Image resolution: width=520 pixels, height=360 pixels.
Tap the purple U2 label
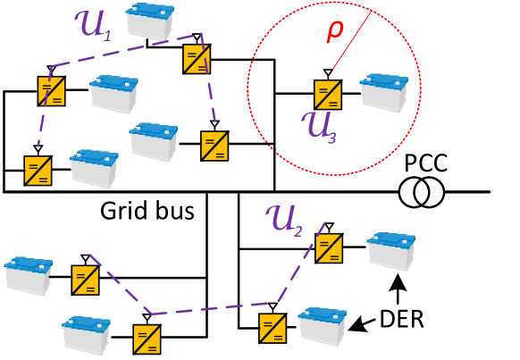click(x=284, y=219)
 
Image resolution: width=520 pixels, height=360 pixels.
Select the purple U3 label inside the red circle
click(x=319, y=126)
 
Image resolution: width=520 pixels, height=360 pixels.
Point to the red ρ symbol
click(x=334, y=29)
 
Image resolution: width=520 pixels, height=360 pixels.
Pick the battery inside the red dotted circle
click(x=383, y=94)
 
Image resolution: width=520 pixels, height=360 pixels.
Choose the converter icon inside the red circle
click(x=328, y=95)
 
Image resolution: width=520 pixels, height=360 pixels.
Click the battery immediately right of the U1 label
click(x=149, y=22)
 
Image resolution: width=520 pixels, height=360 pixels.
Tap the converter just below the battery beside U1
click(x=197, y=59)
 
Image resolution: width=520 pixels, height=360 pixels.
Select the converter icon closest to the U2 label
click(x=329, y=247)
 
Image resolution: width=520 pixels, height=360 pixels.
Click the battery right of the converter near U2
click(x=390, y=252)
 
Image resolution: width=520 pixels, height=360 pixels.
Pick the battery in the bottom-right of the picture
click(x=322, y=326)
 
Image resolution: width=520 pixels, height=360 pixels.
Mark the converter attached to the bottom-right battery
click(x=273, y=328)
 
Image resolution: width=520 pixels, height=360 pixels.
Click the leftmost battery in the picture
click(x=28, y=276)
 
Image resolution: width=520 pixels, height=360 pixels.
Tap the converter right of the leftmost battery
click(x=85, y=280)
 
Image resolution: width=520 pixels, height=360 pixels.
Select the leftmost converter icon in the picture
click(x=38, y=171)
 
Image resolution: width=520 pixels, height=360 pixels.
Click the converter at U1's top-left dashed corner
click(x=52, y=91)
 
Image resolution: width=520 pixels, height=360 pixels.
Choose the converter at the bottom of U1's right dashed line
click(x=214, y=146)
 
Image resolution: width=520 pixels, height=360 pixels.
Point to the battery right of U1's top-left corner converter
click(x=113, y=95)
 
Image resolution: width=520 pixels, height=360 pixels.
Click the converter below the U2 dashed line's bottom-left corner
click(x=147, y=339)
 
